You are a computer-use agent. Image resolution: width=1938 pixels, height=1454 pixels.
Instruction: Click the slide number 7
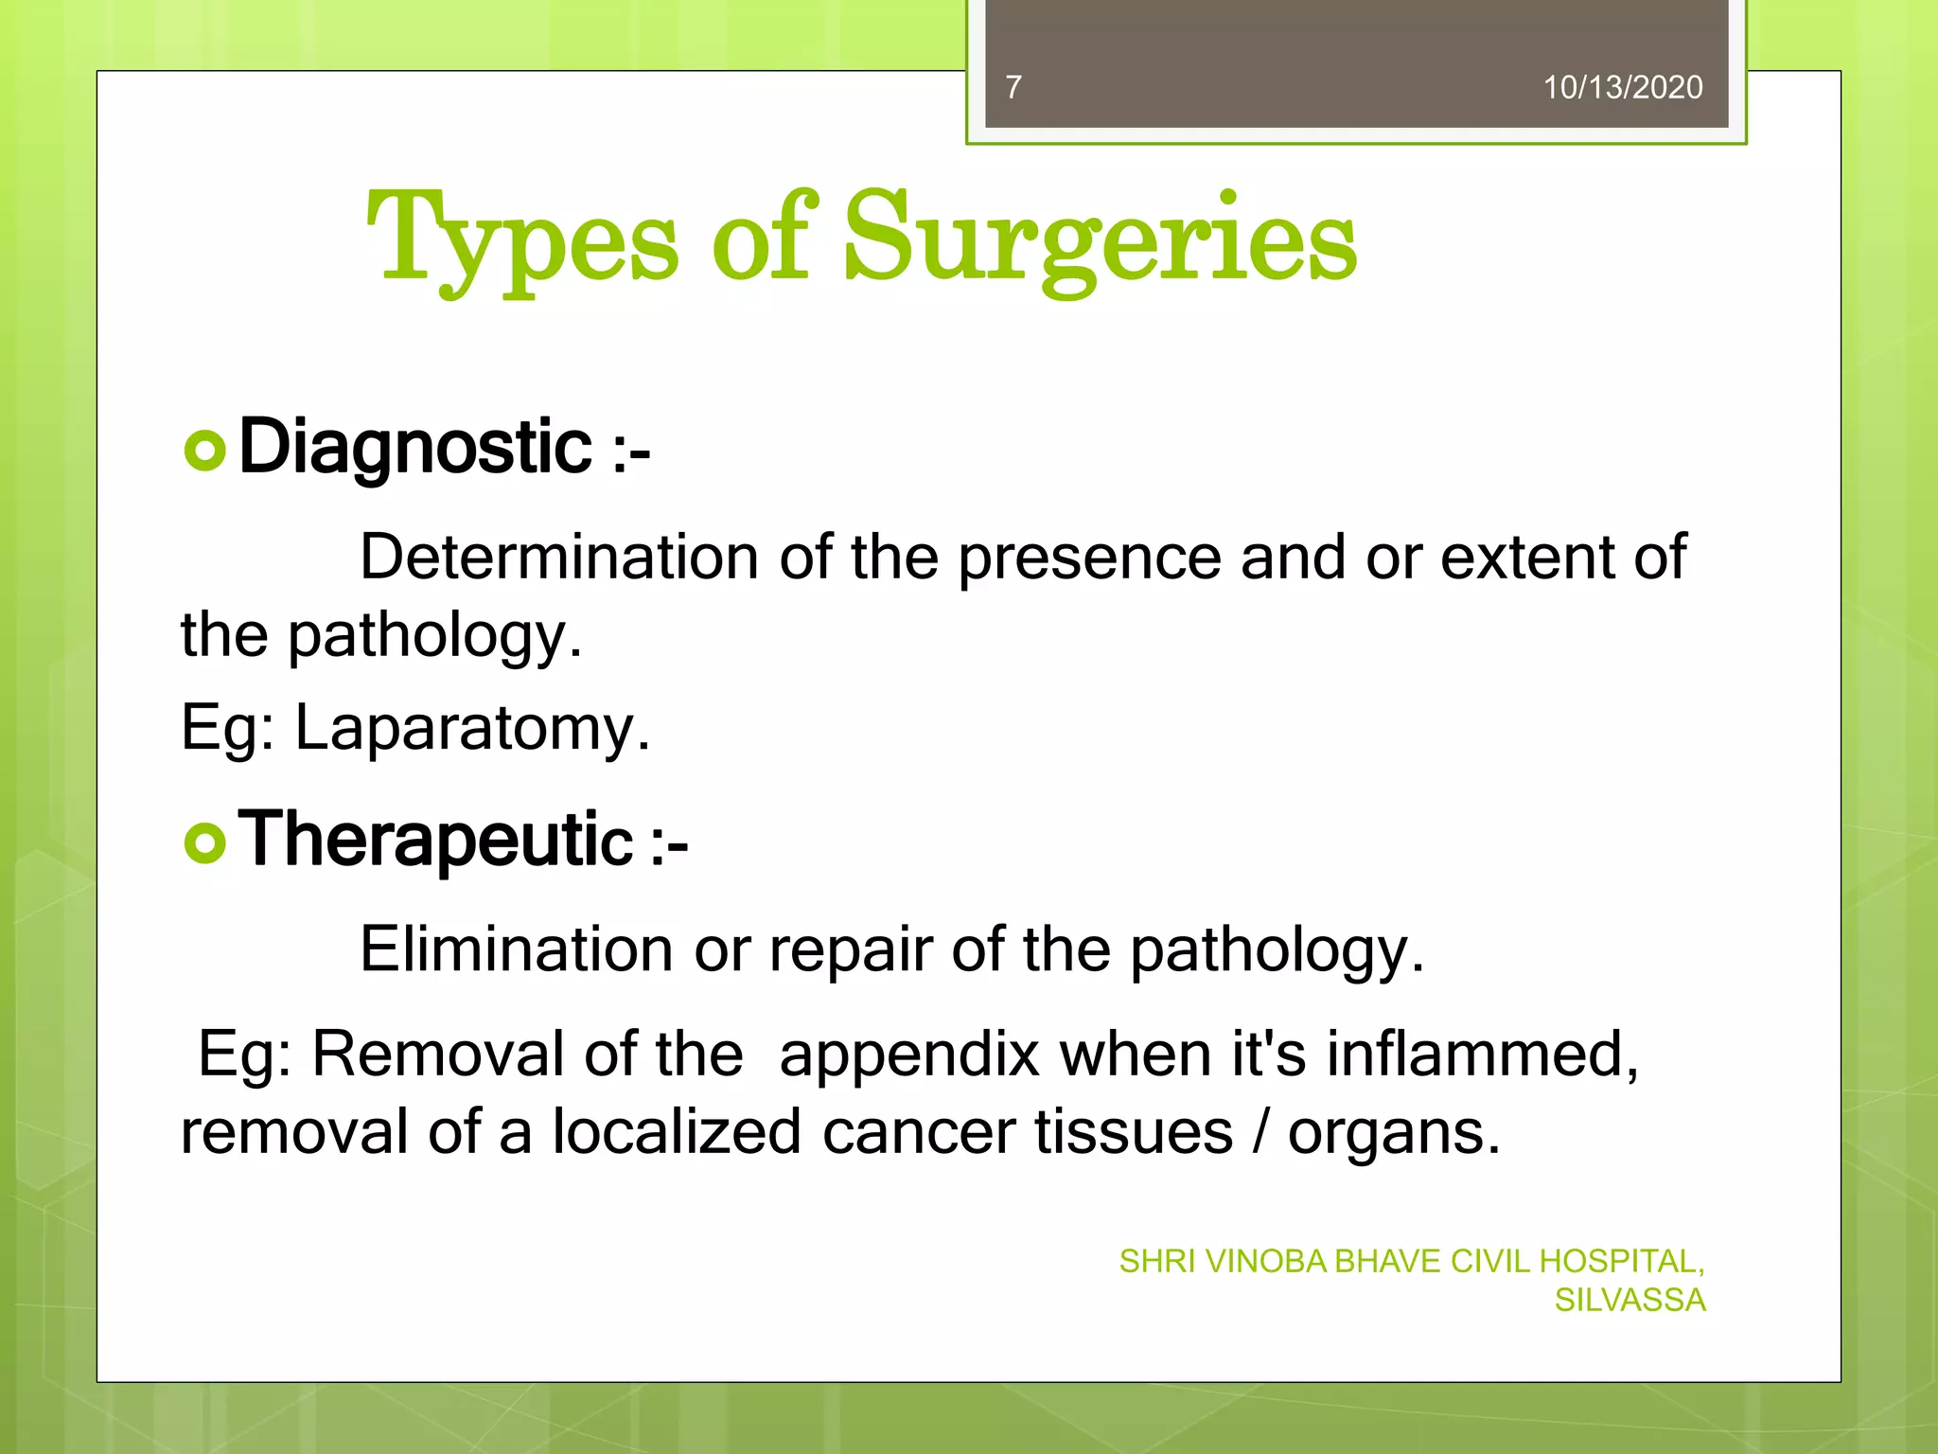tap(1013, 87)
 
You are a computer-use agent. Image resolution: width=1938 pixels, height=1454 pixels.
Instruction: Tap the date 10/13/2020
tap(1622, 87)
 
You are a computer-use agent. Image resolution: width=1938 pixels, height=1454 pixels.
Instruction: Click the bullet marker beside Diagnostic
tap(205, 451)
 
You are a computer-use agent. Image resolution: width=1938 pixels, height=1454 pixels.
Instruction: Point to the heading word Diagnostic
tap(415, 447)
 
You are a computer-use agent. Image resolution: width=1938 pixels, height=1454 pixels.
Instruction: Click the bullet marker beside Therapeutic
tap(205, 842)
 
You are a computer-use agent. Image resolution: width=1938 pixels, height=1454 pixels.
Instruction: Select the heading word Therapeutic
tap(435, 841)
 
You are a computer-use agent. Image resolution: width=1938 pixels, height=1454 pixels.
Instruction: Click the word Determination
tap(559, 557)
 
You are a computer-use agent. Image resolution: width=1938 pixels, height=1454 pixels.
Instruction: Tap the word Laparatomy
tap(472, 729)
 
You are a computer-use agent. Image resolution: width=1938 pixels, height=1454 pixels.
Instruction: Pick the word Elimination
tap(517, 949)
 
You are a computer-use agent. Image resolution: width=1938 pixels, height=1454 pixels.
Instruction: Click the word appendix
tap(908, 1055)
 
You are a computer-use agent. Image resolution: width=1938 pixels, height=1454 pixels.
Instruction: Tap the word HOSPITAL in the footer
tap(1621, 1261)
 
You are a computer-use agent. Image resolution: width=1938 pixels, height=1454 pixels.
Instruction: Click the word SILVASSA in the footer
tap(1630, 1300)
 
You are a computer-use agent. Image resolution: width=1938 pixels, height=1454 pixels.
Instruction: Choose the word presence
tap(1089, 557)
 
